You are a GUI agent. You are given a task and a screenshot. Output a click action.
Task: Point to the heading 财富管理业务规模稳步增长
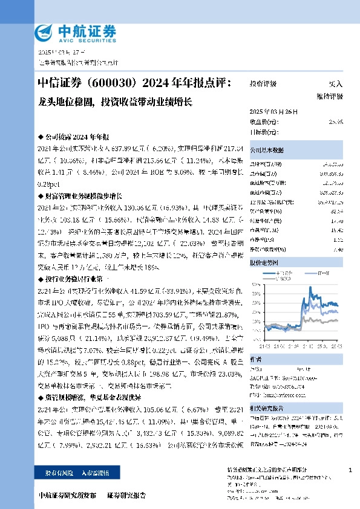84,196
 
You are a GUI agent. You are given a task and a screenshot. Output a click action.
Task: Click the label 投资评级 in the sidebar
263,84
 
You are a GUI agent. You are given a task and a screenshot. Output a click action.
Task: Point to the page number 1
350,470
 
